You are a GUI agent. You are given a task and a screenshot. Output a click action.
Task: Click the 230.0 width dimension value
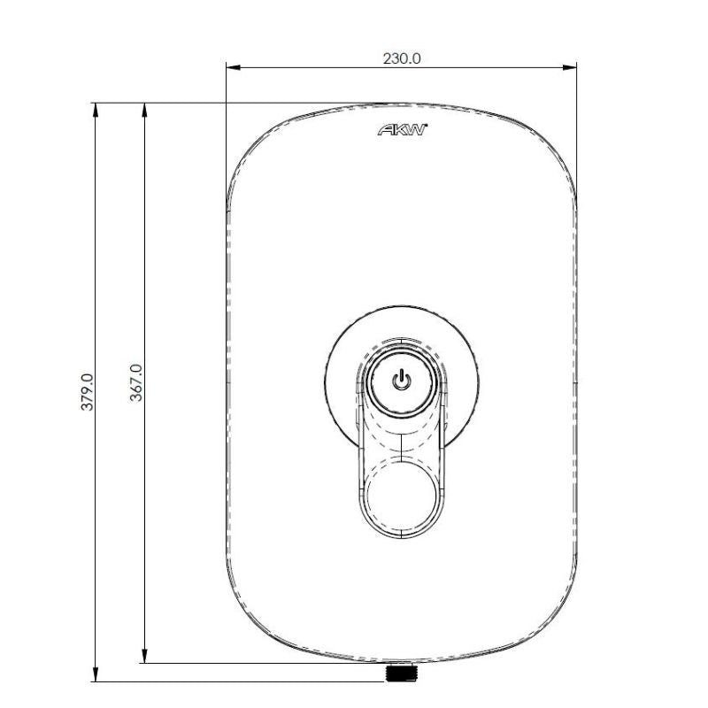pyautogui.click(x=401, y=58)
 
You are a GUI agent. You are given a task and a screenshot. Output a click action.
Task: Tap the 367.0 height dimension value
pyautogui.click(x=136, y=382)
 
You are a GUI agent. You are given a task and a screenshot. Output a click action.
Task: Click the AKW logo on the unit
pyautogui.click(x=403, y=129)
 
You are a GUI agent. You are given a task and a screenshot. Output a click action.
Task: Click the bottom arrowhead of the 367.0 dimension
pyautogui.click(x=144, y=657)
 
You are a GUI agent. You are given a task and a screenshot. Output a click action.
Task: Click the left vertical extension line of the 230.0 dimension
pyautogui.click(x=227, y=133)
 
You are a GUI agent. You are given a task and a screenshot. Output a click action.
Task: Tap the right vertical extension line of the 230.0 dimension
pyautogui.click(x=577, y=133)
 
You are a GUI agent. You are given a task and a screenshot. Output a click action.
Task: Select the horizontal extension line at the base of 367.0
pyautogui.click(x=265, y=663)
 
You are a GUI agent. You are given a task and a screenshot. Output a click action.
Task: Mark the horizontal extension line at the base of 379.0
pyautogui.click(x=239, y=681)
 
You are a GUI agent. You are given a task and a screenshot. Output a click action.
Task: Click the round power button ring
pyautogui.click(x=403, y=382)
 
